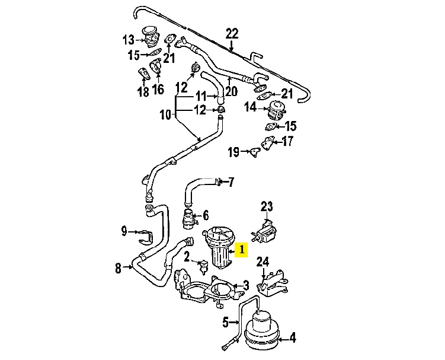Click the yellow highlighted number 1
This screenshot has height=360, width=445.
pyautogui.click(x=241, y=250)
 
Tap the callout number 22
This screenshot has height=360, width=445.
pyautogui.click(x=232, y=33)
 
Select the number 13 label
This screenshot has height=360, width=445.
pyautogui.click(x=129, y=40)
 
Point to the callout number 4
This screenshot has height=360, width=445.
pyautogui.click(x=292, y=339)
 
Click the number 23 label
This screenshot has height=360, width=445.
pyautogui.click(x=267, y=206)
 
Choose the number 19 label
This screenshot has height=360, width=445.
pyautogui.click(x=233, y=152)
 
